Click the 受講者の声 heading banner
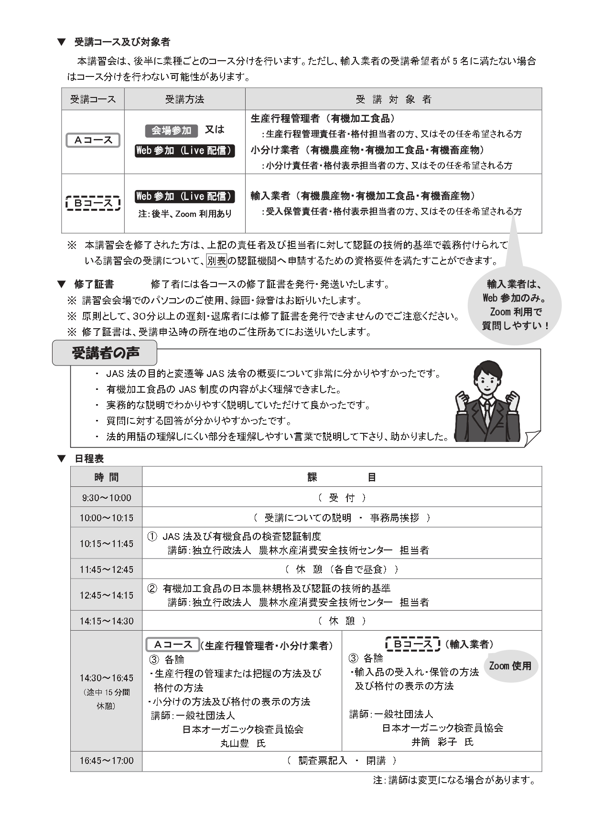pyautogui.click(x=105, y=353)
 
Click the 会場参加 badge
pyautogui.click(x=171, y=130)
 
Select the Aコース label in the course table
pyautogui.click(x=93, y=140)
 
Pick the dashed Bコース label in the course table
pyautogui.click(x=93, y=203)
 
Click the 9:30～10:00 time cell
pyautogui.click(x=106, y=497)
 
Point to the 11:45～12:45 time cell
pyautogui.click(x=106, y=569)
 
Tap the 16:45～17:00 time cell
pyautogui.click(x=106, y=761)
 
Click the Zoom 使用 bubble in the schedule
pyautogui.click(x=510, y=666)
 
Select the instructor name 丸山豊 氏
pyautogui.click(x=243, y=743)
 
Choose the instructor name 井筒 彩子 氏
pyautogui.click(x=442, y=742)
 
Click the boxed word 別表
pyautogui.click(x=216, y=261)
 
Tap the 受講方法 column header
pyautogui.click(x=184, y=99)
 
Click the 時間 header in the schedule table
pyautogui.click(x=106, y=477)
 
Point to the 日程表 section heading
pyautogui.click(x=89, y=459)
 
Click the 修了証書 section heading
pyautogui.click(x=94, y=284)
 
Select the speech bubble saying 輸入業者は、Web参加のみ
pyautogui.click(x=514, y=304)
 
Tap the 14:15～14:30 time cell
pyautogui.click(x=106, y=621)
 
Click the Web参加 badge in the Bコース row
pyautogui.click(x=184, y=196)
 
